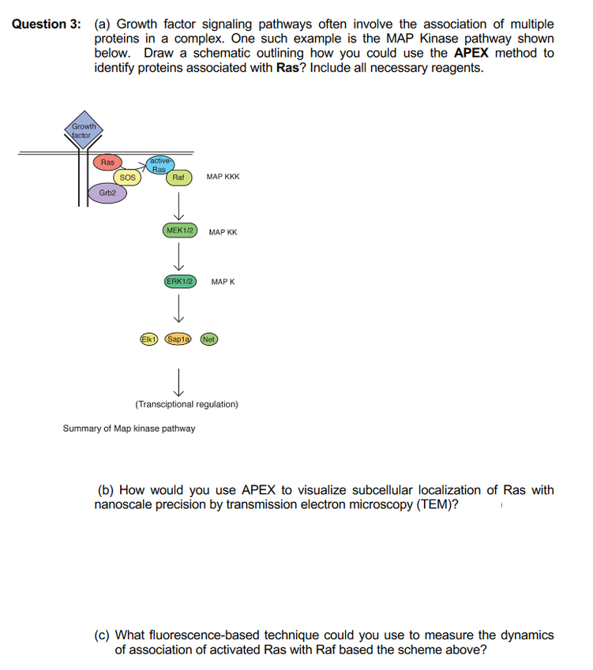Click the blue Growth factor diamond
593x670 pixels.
click(82, 131)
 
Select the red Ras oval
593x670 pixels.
click(107, 163)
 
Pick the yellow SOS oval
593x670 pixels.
click(126, 178)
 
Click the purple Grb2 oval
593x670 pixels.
click(107, 193)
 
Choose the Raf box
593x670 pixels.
click(178, 178)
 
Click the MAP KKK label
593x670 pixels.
click(223, 178)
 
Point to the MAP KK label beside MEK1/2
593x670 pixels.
click(223, 232)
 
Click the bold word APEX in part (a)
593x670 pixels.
click(472, 54)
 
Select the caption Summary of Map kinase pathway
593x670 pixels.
click(129, 429)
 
